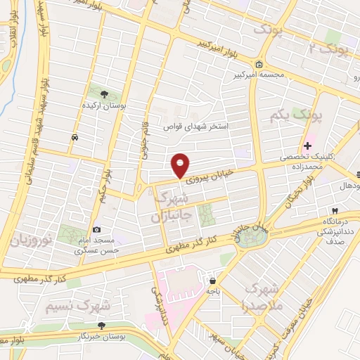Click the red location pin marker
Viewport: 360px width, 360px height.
(181, 165)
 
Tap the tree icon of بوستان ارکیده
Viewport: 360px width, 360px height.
(105, 94)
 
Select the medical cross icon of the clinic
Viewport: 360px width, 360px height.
(307, 145)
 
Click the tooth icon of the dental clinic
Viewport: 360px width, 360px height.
(336, 210)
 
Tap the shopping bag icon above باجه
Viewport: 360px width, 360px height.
(212, 281)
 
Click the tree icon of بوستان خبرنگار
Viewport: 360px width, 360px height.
(101, 326)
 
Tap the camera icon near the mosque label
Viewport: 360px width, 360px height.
(96, 229)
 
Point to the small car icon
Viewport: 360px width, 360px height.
(75, 138)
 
